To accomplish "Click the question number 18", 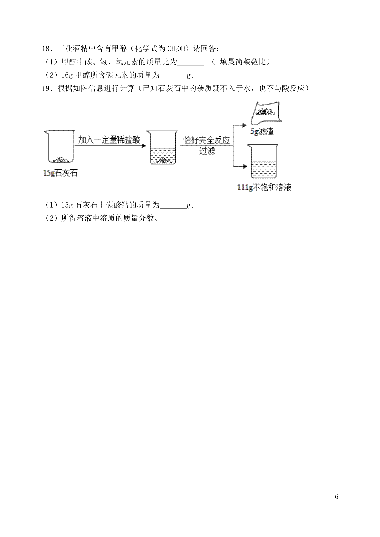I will [x=46, y=49].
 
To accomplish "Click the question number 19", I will [x=46, y=89].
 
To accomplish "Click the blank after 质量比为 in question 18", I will [x=191, y=62].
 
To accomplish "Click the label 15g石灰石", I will [x=60, y=173].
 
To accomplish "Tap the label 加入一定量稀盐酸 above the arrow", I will [x=109, y=140].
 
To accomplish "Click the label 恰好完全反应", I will [x=206, y=140].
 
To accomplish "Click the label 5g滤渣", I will [x=262, y=131].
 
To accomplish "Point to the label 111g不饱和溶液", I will [x=264, y=188].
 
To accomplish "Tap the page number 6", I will [x=336, y=496].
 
